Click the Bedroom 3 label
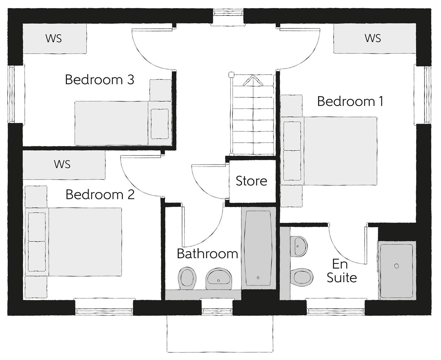click(99, 80)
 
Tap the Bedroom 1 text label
click(350, 101)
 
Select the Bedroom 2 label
click(100, 195)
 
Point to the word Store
click(251, 181)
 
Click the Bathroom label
click(207, 254)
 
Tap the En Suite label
click(342, 271)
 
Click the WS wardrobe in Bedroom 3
click(54, 38)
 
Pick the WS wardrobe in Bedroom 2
click(64, 165)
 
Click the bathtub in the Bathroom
click(259, 248)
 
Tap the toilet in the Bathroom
click(187, 278)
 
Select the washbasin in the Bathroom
click(219, 279)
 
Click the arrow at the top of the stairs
click(253, 80)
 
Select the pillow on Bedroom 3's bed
click(160, 124)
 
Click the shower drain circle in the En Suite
click(396, 266)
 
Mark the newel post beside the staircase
click(231, 75)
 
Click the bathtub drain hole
click(258, 278)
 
